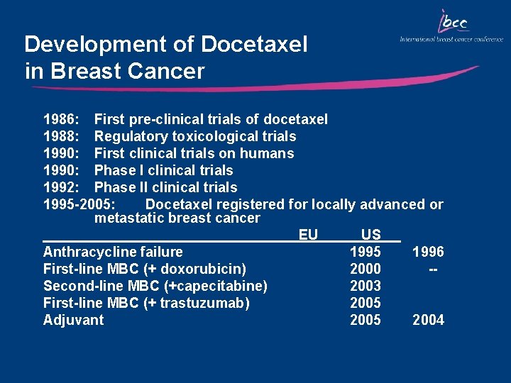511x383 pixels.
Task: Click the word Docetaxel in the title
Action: [x=254, y=45]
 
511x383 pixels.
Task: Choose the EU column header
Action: [x=308, y=235]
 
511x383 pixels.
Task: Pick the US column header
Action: [x=370, y=235]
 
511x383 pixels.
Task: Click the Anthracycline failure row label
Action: [x=113, y=252]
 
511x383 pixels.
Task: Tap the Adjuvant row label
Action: [x=73, y=320]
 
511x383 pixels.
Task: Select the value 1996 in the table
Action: [x=428, y=252]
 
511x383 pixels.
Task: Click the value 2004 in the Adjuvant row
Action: [x=428, y=320]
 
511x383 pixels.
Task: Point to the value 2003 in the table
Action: [x=366, y=286]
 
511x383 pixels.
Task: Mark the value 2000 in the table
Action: [x=366, y=269]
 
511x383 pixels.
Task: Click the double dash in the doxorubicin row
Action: [x=431, y=269]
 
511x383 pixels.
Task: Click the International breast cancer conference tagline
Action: [x=451, y=39]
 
